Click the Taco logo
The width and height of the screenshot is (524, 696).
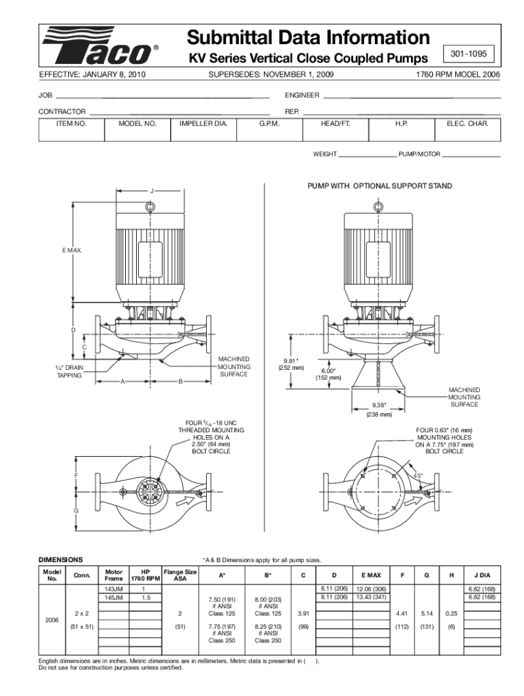coord(99,48)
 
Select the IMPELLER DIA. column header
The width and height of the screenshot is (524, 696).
coord(203,124)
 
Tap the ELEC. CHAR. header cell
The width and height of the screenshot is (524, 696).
coord(468,124)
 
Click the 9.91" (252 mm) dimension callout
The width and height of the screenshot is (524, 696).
coord(291,364)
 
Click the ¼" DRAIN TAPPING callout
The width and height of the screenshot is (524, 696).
coord(69,371)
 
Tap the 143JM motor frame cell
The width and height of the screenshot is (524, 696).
coord(114,588)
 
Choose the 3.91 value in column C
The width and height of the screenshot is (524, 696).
coord(303,613)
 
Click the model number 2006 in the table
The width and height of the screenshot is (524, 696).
coord(52,620)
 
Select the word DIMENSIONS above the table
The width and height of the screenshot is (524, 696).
coord(61,559)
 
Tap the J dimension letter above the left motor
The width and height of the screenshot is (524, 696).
coord(151,190)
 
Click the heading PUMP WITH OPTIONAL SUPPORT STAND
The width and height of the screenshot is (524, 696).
coord(379,186)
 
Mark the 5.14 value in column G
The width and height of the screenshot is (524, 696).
coord(427,613)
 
